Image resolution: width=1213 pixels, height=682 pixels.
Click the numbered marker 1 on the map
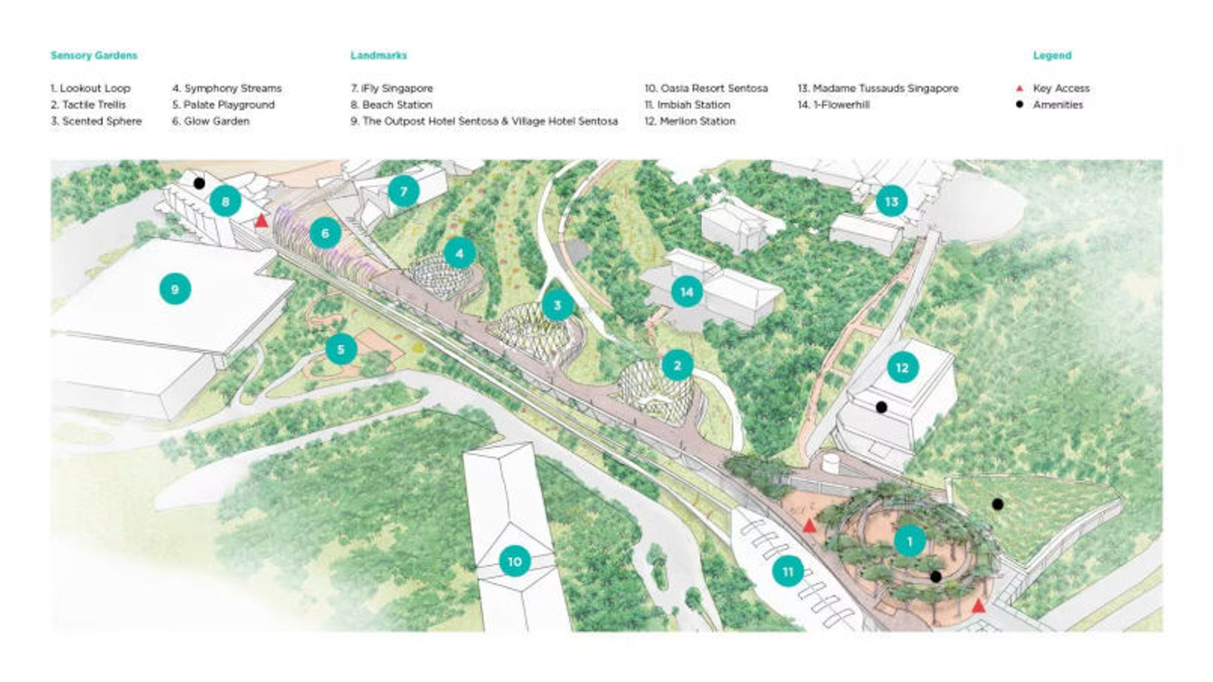point(910,541)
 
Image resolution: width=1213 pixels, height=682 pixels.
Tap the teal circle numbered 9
point(175,289)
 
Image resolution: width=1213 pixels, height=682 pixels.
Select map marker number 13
point(891,202)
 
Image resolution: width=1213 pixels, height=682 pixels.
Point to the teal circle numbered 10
point(515,561)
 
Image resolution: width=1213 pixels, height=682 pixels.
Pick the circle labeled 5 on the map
point(341,350)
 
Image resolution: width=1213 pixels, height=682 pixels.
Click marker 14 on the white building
point(687,292)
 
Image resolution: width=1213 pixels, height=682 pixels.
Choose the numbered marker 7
point(404,190)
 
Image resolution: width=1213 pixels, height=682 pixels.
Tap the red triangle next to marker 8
point(261,221)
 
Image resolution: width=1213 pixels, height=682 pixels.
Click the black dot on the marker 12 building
point(882,408)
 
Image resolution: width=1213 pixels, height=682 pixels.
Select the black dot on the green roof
point(998,504)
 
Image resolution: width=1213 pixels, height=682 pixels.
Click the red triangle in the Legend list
point(1019,88)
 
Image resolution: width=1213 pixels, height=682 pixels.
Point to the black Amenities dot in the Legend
point(1019,104)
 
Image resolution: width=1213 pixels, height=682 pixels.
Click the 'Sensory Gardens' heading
point(94,56)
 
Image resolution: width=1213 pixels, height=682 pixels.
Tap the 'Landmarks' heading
point(378,56)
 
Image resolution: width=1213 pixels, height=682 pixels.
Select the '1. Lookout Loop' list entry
point(90,88)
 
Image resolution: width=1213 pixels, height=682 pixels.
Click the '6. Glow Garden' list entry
point(211,121)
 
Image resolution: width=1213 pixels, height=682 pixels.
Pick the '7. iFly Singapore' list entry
point(392,88)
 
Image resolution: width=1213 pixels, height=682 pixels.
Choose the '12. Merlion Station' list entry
point(690,121)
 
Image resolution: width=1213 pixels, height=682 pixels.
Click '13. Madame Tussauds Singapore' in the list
point(878,88)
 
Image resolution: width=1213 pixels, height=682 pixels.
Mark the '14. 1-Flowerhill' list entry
point(833,105)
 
